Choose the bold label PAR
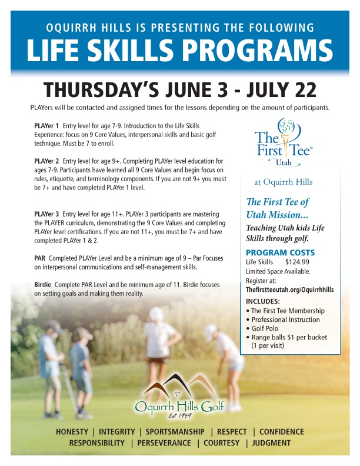[x=40, y=258]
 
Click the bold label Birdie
[x=42, y=285]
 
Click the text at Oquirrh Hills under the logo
[x=283, y=182]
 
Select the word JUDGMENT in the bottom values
[x=271, y=443]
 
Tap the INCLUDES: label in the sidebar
[x=262, y=301]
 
